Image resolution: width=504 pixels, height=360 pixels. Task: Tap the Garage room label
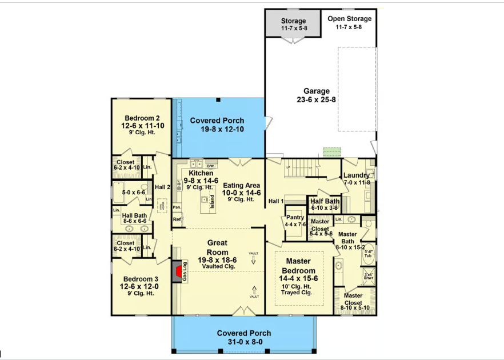pyautogui.click(x=316, y=91)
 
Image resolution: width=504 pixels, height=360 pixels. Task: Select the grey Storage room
pyautogui.click(x=293, y=23)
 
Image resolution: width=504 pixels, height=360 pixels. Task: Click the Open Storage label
pyautogui.click(x=349, y=19)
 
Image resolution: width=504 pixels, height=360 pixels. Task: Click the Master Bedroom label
pyautogui.click(x=299, y=266)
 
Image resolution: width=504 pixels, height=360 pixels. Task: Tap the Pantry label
pyautogui.click(x=295, y=217)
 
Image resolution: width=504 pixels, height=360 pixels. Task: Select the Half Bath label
pyautogui.click(x=325, y=201)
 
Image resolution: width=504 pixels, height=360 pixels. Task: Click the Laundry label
pyautogui.click(x=356, y=175)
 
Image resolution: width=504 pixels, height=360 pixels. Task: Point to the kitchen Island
pyautogui.click(x=211, y=201)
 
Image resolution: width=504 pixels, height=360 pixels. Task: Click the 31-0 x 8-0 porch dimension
pyautogui.click(x=244, y=343)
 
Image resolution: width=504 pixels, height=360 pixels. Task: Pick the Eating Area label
pyautogui.click(x=241, y=185)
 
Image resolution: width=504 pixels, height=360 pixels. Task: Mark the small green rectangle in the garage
pyautogui.click(x=331, y=152)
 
